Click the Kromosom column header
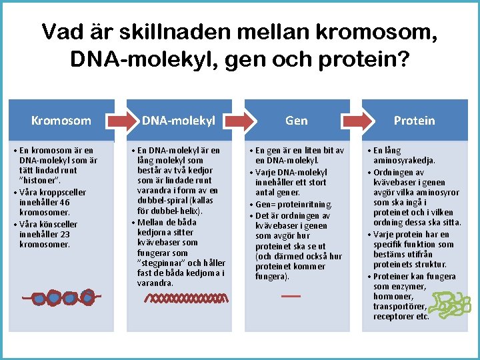tap(61, 121)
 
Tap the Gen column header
tap(296, 121)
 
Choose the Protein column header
tap(414, 121)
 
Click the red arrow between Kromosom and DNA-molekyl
tap(123, 120)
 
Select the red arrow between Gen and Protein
tap(357, 120)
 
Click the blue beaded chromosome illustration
tap(61, 298)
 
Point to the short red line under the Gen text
tap(291, 295)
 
